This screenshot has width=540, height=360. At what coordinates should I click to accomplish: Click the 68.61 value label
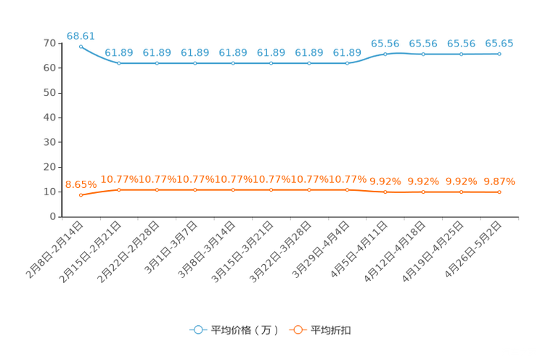81,36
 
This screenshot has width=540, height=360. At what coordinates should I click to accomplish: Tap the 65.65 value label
499,44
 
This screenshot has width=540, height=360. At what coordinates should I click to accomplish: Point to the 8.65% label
81,184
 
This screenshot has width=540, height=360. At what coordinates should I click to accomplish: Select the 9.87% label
499,181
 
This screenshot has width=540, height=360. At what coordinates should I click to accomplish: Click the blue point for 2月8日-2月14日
81,47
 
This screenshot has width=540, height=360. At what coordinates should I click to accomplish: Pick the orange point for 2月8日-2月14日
81,195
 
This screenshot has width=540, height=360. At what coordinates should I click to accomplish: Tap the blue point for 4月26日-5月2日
499,54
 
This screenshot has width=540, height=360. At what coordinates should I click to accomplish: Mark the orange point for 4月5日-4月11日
385,192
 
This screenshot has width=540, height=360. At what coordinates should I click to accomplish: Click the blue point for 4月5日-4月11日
385,54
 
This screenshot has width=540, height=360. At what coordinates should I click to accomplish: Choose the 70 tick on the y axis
49,44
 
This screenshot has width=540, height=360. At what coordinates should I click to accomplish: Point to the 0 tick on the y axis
53,217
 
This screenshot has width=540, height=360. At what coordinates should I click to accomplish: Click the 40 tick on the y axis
49,118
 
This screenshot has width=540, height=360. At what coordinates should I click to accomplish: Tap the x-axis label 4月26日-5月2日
472,250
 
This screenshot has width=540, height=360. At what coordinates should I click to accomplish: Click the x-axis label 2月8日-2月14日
54,250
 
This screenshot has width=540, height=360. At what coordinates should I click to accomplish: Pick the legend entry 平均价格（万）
234,330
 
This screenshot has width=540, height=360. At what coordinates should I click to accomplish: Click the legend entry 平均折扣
320,330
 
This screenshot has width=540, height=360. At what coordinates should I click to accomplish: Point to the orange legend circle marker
298,330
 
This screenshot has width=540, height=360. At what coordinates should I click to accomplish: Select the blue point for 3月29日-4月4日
347,63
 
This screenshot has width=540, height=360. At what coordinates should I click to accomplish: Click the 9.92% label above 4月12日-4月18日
423,181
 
